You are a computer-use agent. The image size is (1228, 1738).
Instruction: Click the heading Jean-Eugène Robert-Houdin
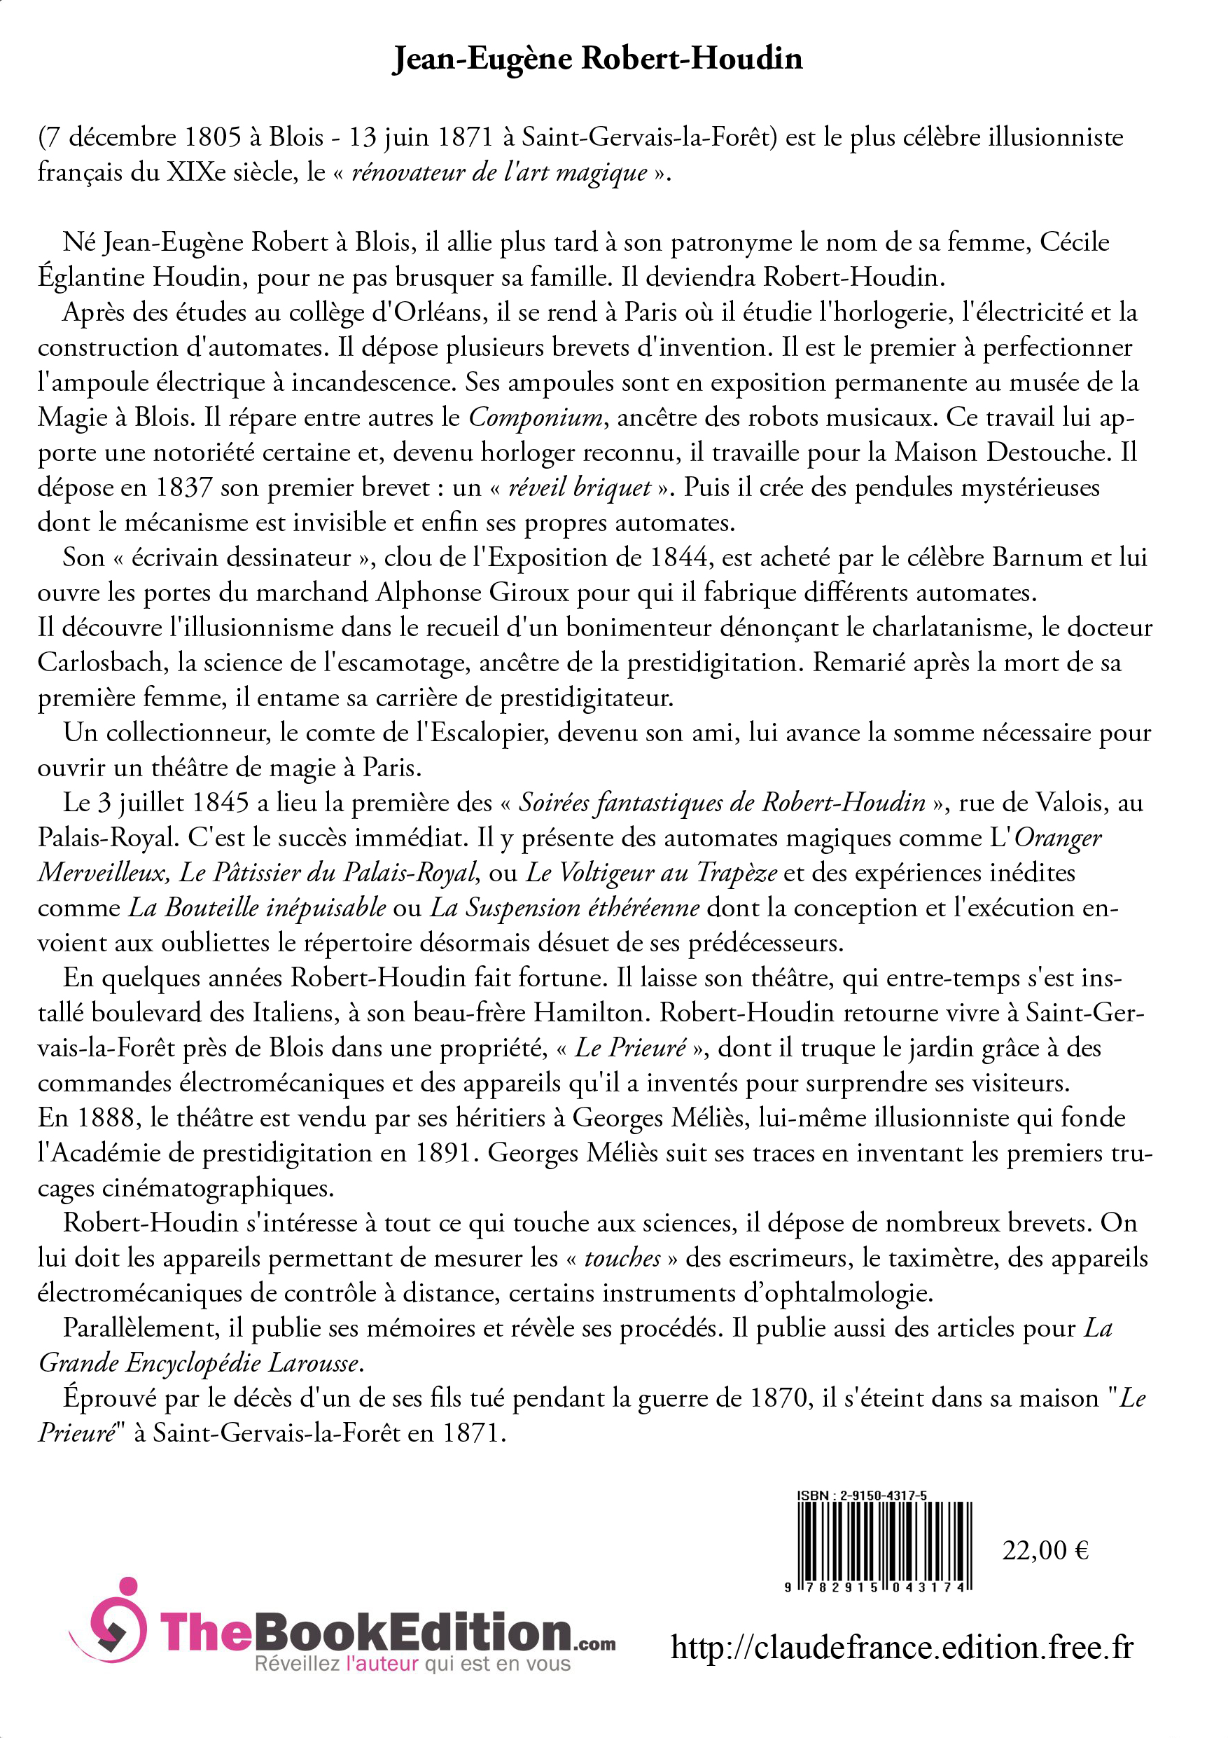[x=597, y=59]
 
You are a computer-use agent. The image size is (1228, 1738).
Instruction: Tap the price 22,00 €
[x=1045, y=1550]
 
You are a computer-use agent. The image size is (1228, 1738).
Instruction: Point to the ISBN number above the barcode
[x=862, y=1496]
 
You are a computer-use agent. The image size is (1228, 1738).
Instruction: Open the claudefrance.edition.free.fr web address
[x=902, y=1647]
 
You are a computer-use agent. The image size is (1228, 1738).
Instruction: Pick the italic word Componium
[x=535, y=417]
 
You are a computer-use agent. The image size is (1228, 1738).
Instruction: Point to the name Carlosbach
[x=102, y=663]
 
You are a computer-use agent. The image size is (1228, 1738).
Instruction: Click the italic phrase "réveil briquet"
[x=579, y=488]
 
